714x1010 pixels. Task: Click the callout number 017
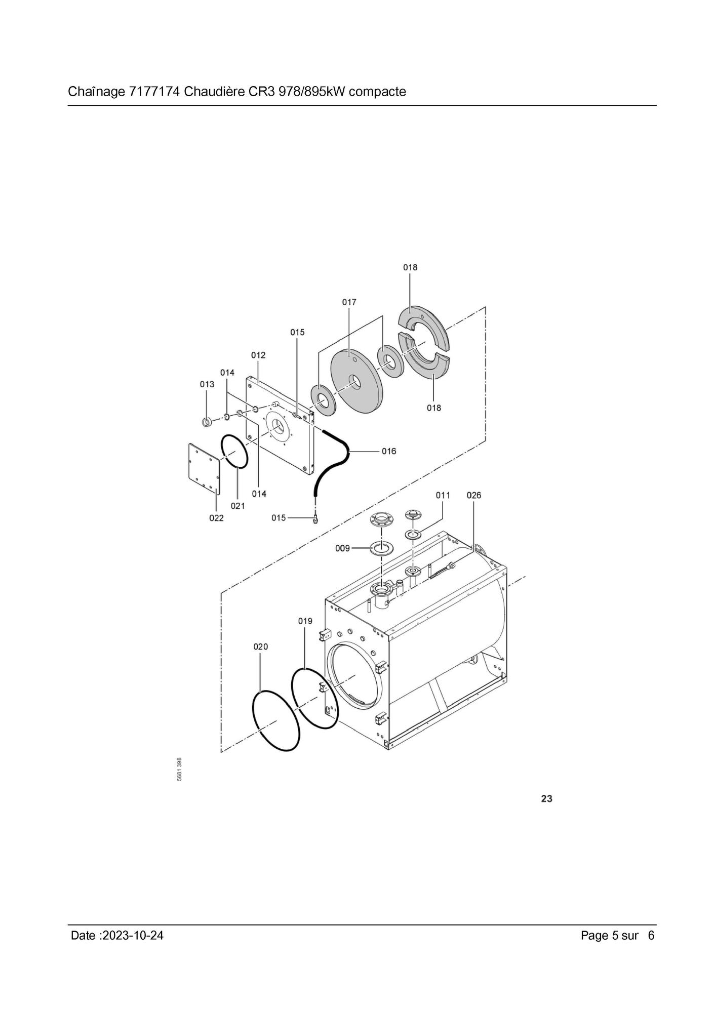[349, 302]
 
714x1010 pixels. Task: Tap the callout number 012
[258, 355]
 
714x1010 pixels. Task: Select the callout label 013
[207, 384]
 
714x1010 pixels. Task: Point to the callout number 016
[389, 451]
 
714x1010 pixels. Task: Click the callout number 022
[216, 518]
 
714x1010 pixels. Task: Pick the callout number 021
[237, 506]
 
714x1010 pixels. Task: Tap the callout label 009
[342, 548]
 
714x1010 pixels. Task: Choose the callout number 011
[443, 495]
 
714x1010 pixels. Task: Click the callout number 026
[473, 495]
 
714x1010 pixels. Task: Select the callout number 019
[305, 621]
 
